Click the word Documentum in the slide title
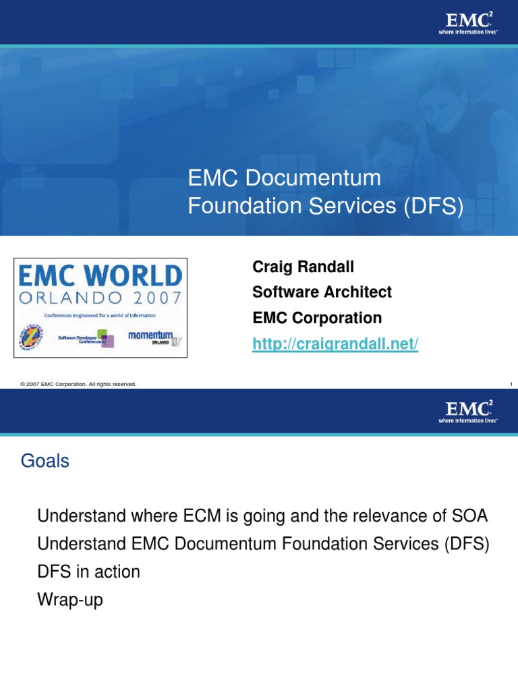(313, 179)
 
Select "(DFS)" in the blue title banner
(434, 206)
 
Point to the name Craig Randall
(303, 267)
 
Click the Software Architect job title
(322, 292)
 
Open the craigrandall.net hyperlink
(335, 344)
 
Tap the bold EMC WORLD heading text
(100, 276)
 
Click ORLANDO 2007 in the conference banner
(100, 298)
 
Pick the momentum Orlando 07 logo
(154, 336)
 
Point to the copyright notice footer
(78, 384)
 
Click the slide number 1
(511, 384)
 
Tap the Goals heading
(45, 462)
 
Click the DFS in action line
(89, 572)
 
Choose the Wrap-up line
(71, 599)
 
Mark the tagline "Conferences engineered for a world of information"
(100, 315)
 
